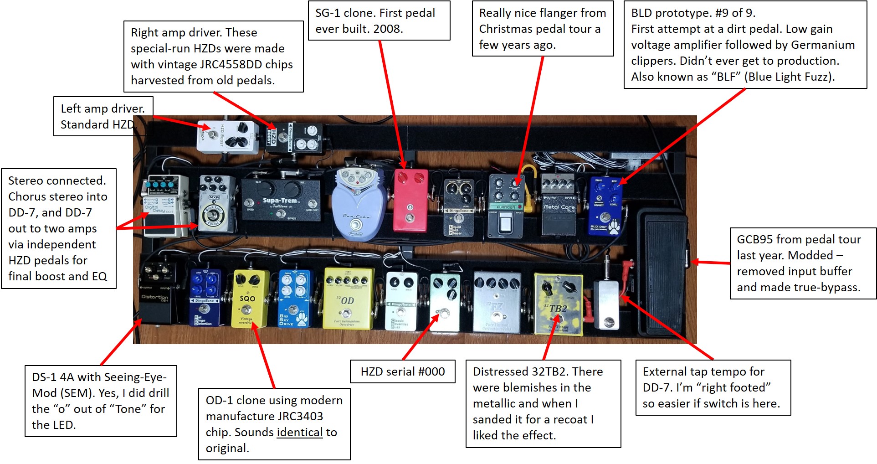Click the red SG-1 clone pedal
click(x=410, y=201)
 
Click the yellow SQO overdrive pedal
click(x=250, y=299)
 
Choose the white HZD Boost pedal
click(x=226, y=137)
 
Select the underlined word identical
click(x=299, y=432)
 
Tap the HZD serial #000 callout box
click(x=402, y=371)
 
